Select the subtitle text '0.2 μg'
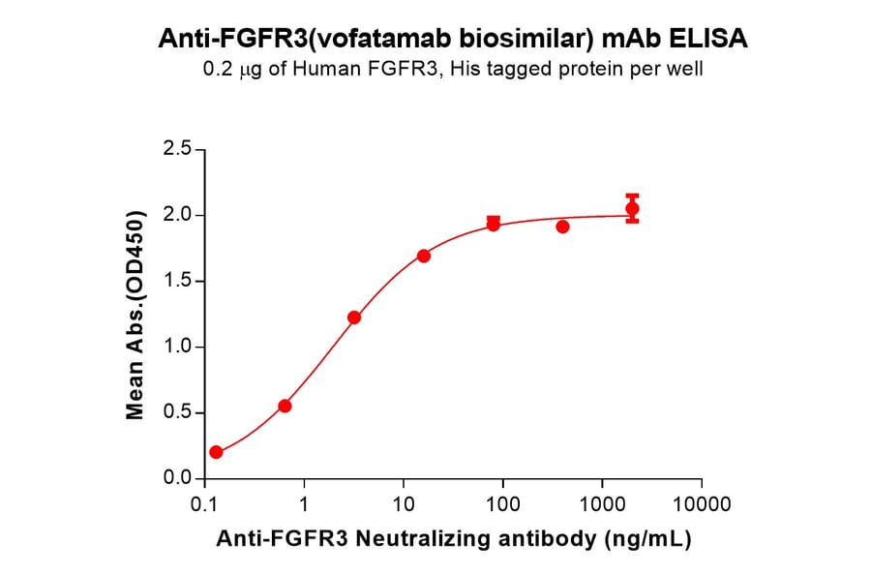coord(229,70)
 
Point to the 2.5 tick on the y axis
coord(176,150)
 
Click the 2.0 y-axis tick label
coord(176,216)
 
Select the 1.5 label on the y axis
coord(176,282)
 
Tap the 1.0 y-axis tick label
coord(176,348)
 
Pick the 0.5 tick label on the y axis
coord(176,413)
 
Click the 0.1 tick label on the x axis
coord(204,505)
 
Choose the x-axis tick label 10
coord(404,505)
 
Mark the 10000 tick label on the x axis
coord(702,505)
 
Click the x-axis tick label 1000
coord(602,505)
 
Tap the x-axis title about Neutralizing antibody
coord(452,540)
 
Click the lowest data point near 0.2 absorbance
coord(216,452)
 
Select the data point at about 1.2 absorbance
coord(354,318)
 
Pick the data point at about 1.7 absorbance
coord(424,256)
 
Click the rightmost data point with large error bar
coord(632,208)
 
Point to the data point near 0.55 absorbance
coord(285,406)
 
